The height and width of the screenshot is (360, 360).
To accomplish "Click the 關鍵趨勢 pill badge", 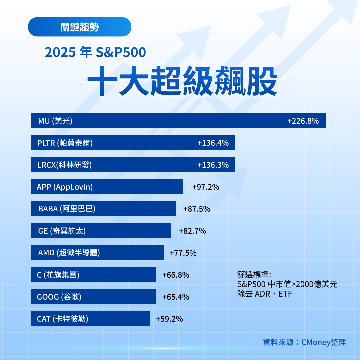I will [80, 27].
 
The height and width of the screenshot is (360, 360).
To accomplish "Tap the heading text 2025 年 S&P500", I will [95, 53].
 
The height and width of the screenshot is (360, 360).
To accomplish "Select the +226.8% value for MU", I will [303, 121].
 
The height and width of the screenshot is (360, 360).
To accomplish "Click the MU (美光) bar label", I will [55, 121].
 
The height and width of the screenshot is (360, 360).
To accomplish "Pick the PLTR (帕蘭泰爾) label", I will [65, 143].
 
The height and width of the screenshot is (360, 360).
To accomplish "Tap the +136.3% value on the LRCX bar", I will [213, 165].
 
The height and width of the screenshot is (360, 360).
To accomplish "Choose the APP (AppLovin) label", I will [65, 187].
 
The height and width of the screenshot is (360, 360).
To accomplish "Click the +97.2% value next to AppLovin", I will [206, 187].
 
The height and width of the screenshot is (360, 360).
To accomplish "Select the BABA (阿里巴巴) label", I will [67, 209].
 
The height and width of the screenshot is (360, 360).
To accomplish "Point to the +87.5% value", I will [197, 209].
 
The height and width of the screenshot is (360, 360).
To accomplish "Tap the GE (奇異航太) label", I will [62, 231].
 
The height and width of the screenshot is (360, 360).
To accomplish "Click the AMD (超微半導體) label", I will [69, 253].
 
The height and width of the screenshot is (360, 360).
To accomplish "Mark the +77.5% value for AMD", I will [183, 253].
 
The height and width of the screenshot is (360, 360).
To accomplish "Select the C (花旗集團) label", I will [58, 275].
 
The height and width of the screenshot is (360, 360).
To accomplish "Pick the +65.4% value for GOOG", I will [176, 297].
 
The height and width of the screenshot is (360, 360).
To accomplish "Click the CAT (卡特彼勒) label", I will [63, 319].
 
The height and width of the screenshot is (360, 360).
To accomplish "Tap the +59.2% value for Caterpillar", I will [169, 319].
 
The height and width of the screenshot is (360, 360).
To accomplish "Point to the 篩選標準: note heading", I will [254, 274].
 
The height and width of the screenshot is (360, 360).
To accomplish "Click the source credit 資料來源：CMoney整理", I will [304, 342].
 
